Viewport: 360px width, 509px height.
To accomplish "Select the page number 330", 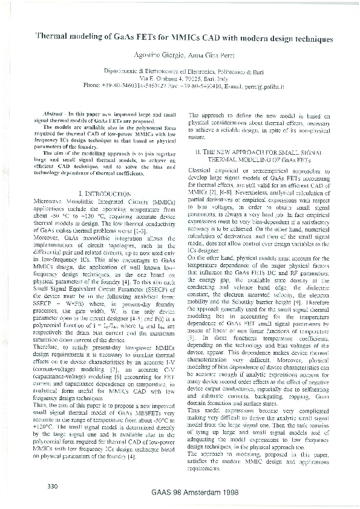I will click(51, 487).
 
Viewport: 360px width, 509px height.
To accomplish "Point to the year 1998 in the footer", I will click(254, 493).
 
